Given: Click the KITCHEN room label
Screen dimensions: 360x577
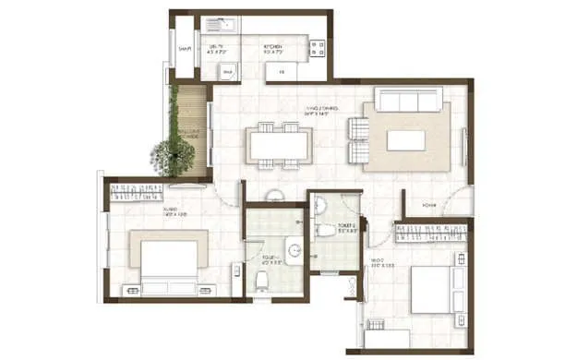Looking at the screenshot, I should click(x=273, y=46).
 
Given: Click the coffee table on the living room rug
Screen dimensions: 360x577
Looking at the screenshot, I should click(x=405, y=139).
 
